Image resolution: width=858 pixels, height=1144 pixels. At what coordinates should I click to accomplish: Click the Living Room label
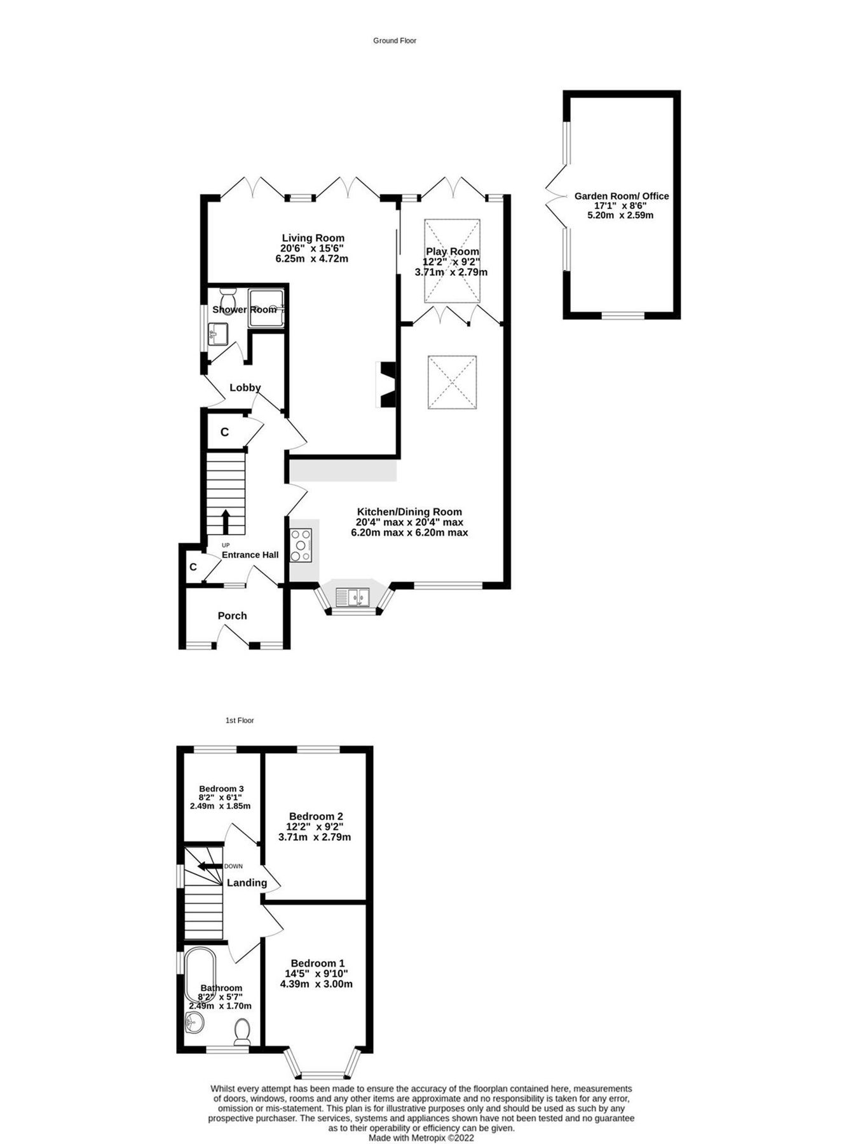(x=313, y=238)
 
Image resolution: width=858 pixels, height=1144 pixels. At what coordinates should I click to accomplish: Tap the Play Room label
(x=452, y=252)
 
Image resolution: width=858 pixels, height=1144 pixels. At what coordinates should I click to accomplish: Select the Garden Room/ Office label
(x=621, y=196)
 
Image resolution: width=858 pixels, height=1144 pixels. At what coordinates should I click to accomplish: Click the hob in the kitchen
(x=301, y=545)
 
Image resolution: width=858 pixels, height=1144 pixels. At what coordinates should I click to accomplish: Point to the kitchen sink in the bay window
(x=353, y=597)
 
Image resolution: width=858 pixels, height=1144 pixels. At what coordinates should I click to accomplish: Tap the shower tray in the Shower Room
(x=266, y=308)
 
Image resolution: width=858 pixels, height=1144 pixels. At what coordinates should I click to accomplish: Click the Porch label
(x=232, y=616)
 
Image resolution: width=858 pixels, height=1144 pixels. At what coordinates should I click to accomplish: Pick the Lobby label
(x=245, y=388)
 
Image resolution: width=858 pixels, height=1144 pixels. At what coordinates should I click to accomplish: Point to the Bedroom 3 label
(x=221, y=789)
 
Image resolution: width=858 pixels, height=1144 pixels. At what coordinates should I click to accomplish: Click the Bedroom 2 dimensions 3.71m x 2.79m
(x=315, y=837)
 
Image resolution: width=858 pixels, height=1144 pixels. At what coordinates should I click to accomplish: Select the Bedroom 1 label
(x=317, y=964)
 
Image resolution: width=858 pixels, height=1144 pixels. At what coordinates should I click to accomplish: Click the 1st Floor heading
(x=240, y=720)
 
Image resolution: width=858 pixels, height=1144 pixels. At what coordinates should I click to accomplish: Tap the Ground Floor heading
(x=394, y=41)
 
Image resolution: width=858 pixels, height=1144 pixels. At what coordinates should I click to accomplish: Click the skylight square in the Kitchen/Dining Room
(x=452, y=383)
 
